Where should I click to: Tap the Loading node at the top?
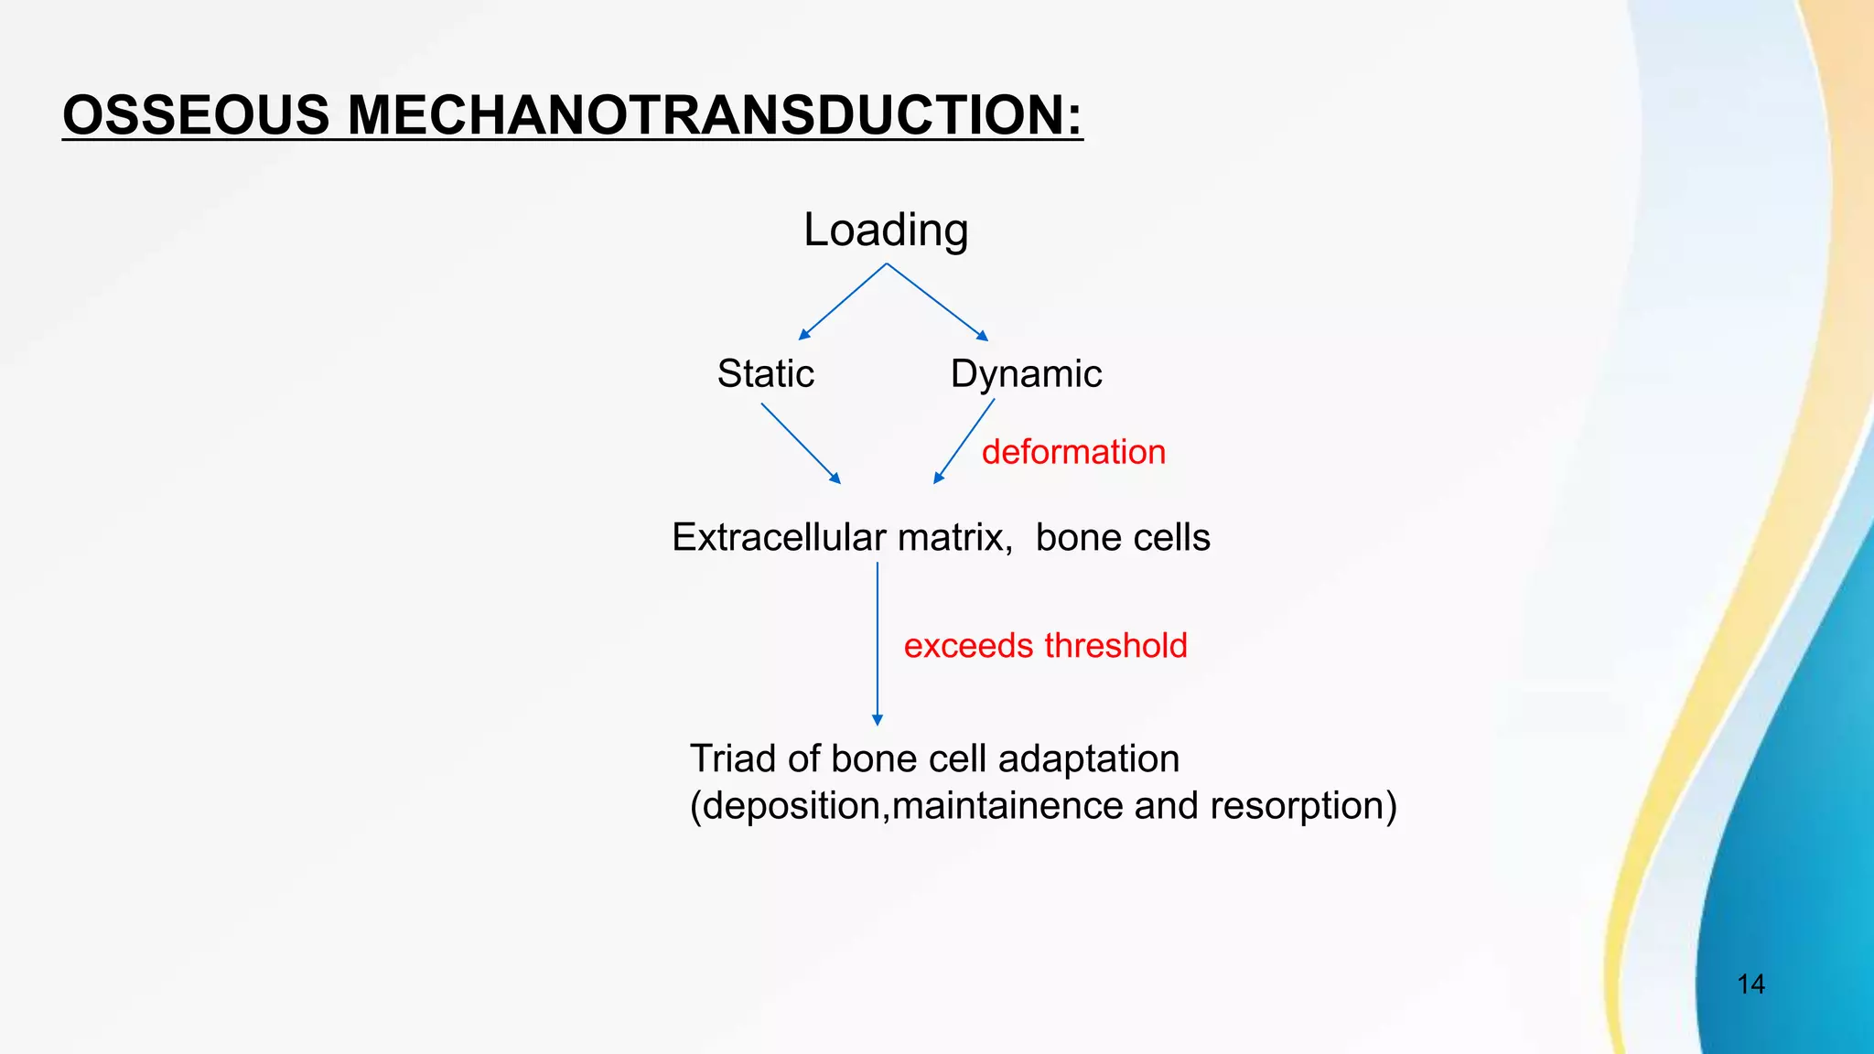[885, 230]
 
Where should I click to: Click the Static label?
[765, 373]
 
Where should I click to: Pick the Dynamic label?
[1026, 373]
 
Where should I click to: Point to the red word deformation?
[1073, 452]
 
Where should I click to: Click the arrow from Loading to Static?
[842, 302]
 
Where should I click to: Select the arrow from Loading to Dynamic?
[937, 302]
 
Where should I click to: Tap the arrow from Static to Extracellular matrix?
[800, 443]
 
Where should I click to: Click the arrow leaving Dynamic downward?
[964, 441]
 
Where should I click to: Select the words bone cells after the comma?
[1123, 537]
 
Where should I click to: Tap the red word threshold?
[1115, 646]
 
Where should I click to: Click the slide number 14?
[1750, 984]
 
